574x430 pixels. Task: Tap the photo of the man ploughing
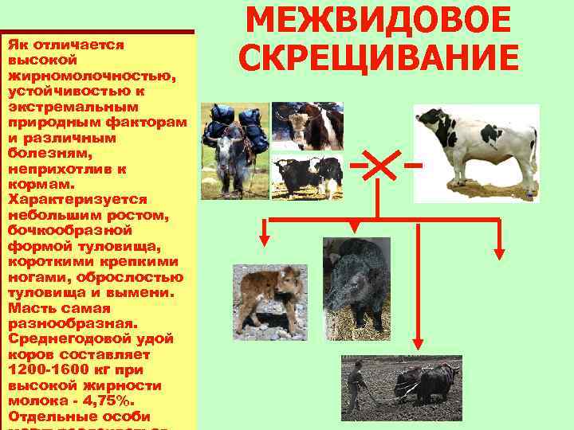401,386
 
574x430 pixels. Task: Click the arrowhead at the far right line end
500,254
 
